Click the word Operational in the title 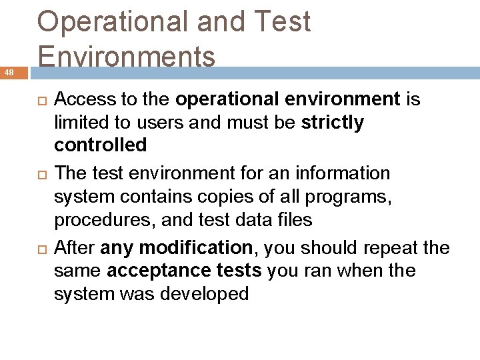coord(113,22)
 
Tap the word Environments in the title coord(127,57)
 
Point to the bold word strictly coord(333,123)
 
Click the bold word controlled coord(100,145)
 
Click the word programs coord(352,197)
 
